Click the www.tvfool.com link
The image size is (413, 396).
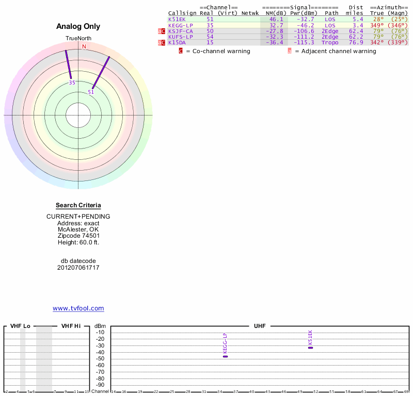tap(78, 308)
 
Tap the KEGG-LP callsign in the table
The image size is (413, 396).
tap(180, 25)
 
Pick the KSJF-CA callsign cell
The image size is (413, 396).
tap(180, 31)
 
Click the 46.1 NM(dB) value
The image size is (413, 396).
tap(276, 19)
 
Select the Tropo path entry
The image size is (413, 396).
tap(330, 42)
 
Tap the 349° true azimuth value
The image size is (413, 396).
tap(377, 25)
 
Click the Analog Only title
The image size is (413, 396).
tap(78, 26)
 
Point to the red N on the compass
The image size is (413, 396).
tap(84, 46)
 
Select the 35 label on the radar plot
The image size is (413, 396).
tap(72, 82)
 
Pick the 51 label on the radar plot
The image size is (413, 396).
tap(91, 92)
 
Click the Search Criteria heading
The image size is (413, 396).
tap(78, 205)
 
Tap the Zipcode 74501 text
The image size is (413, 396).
tap(78, 236)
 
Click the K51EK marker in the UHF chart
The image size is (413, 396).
tap(310, 348)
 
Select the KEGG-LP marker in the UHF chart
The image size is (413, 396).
tap(225, 356)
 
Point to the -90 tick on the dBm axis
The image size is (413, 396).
tap(100, 385)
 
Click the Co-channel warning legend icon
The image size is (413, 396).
tap(181, 51)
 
